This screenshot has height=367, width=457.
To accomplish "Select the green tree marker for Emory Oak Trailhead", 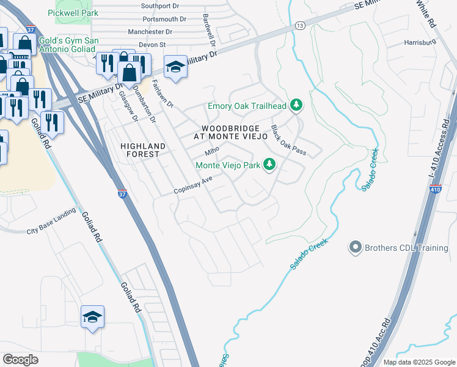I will [296, 106].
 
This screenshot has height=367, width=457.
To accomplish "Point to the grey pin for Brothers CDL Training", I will [355, 248].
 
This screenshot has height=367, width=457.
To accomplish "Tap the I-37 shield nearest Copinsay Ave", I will [122, 193].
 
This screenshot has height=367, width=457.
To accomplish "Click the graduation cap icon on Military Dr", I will [175, 67].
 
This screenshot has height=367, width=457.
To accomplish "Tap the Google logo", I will [21, 359].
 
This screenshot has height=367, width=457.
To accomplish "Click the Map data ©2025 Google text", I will [419, 362].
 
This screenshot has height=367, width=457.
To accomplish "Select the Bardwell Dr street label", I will [208, 31].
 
